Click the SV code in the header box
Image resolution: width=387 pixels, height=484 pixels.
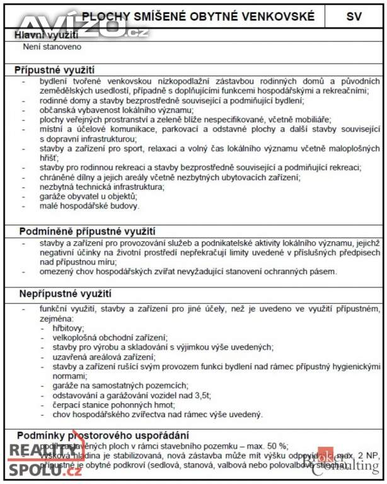pos(354,16)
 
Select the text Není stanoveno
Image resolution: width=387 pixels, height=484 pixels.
pos(52,47)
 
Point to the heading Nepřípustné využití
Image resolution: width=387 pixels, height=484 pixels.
pos(65,294)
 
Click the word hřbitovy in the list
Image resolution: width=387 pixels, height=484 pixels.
pos(69,328)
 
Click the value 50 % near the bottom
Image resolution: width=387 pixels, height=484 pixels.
pos(276,445)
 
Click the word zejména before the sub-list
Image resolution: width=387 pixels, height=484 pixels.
pos(56,319)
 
